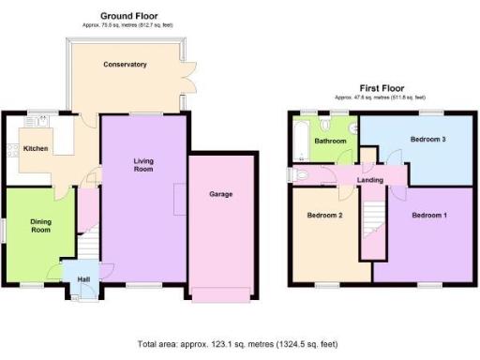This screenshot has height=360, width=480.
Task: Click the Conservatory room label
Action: pos(125,65)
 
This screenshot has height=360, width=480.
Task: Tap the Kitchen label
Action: pos(36,149)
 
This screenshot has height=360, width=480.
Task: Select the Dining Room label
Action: pos(39,226)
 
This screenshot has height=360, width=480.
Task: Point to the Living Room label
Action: pos(142,165)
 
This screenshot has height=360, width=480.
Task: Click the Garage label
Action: pos(220,195)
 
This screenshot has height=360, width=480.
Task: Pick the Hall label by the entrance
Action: pos(82,278)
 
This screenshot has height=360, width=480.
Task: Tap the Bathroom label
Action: pos(330,142)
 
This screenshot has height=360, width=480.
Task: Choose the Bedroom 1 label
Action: pos(430,216)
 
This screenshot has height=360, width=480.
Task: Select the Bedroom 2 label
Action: pos(325,216)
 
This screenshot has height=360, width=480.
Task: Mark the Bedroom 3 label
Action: pos(427,140)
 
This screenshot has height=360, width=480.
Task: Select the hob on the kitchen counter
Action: pos(11,150)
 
